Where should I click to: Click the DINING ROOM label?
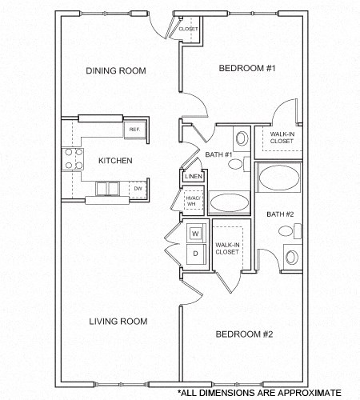(115, 70)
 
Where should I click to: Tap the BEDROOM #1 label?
(247, 69)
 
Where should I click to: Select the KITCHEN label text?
(115, 161)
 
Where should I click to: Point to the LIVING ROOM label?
(117, 321)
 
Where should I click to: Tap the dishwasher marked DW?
(138, 188)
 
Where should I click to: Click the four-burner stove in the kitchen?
(74, 158)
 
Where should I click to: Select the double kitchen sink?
(107, 189)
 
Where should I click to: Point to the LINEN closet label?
(193, 177)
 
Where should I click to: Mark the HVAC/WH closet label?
(192, 201)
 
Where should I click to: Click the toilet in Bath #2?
(291, 257)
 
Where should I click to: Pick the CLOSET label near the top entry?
(188, 29)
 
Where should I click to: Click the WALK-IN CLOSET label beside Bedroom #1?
(282, 138)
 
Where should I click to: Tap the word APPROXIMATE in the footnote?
(307, 392)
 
